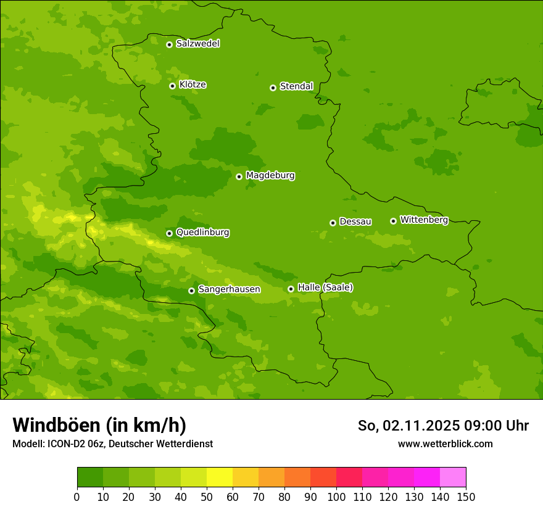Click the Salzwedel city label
pos(197,44)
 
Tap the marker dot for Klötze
pos(172,86)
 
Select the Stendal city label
pos(296,86)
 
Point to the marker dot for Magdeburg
pos(239,176)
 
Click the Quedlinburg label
pos(202,233)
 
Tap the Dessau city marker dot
pos(333,223)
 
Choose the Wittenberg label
pos(423,220)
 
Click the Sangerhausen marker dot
pos(191,291)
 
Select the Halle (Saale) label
pos(325,287)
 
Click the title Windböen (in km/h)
pos(99,425)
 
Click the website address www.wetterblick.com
pos(445,444)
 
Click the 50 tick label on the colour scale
pos(207,497)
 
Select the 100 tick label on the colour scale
pos(336,497)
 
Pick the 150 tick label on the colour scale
pos(466,497)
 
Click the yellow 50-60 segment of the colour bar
pos(220,477)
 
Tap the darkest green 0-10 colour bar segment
pos(90,477)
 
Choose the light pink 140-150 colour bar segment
pos(453,477)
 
